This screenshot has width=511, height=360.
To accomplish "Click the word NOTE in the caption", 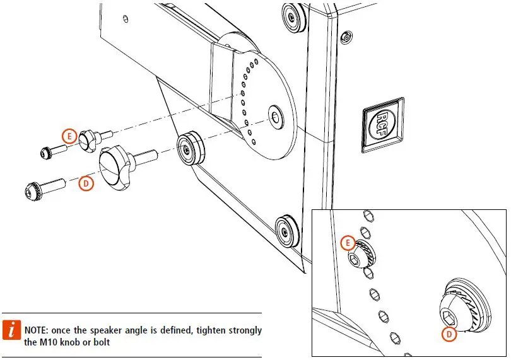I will click(x=37, y=331).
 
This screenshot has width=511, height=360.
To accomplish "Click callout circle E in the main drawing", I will click(x=70, y=136).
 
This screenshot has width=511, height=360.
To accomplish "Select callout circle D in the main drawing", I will click(x=86, y=183).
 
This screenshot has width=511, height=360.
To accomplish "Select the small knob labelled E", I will click(x=90, y=139).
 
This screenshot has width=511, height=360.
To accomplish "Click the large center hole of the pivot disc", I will click(x=275, y=117).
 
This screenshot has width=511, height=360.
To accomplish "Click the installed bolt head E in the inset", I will click(x=360, y=255).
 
